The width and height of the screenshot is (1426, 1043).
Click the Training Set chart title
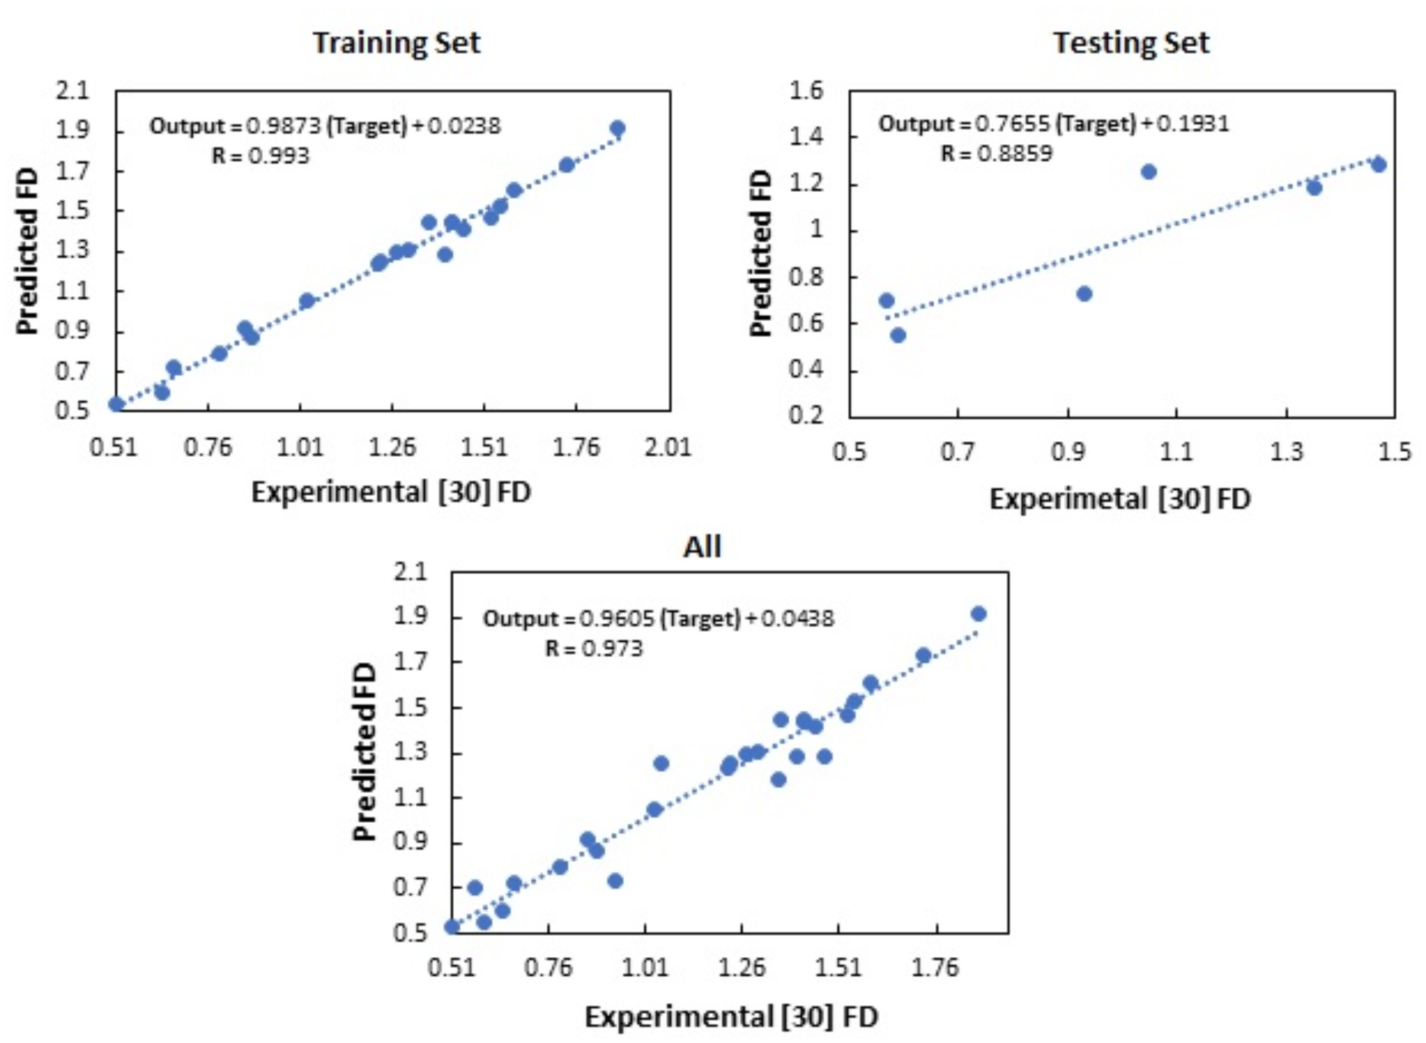tap(396, 43)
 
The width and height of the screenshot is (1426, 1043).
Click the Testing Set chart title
tap(1131, 43)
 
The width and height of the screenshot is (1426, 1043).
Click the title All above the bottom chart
tap(702, 547)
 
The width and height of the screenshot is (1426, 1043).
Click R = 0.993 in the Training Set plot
tap(261, 156)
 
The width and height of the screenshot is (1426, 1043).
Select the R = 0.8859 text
tap(996, 153)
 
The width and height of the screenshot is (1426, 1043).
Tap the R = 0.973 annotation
tap(594, 649)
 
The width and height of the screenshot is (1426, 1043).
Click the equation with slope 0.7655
tap(1053, 124)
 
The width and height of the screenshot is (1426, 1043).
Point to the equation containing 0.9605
tap(658, 618)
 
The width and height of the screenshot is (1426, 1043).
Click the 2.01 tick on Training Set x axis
tap(668, 448)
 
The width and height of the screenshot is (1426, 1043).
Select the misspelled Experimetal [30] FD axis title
tap(1119, 499)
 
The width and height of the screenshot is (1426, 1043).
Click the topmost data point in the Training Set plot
tap(617, 129)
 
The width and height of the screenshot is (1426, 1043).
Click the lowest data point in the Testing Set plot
tap(898, 335)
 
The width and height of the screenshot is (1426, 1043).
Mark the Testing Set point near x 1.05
tap(1148, 171)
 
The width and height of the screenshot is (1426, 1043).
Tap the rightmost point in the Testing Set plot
tap(1378, 165)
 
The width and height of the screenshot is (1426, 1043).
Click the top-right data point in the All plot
tap(979, 614)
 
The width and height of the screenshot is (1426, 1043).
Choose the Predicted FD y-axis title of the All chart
tap(364, 752)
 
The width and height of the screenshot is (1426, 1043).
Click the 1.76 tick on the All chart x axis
tap(935, 968)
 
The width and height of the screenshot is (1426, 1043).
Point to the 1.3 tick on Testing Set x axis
tap(1286, 452)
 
